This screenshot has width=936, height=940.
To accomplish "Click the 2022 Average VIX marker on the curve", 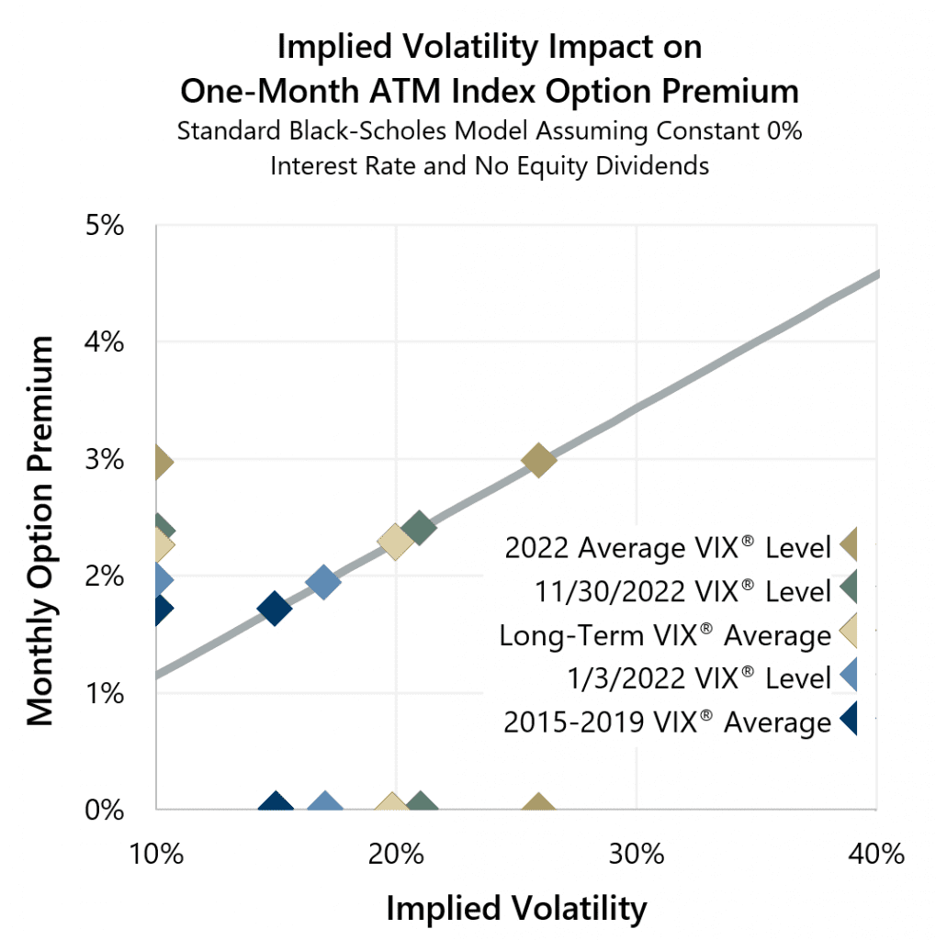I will [538, 459].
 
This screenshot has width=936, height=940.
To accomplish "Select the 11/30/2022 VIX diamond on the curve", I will [419, 528].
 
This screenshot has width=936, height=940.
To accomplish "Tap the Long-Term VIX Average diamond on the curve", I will [395, 542].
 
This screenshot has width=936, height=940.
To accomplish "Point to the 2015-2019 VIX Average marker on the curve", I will [275, 608].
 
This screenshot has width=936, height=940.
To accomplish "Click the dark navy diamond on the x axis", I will [275, 806].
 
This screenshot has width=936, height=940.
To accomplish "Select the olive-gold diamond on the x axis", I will [538, 806].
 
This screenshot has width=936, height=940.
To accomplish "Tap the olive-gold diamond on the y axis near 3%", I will [161, 461].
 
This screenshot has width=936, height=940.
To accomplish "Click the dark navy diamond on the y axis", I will [161, 609].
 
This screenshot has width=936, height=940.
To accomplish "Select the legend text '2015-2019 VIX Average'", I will [667, 722].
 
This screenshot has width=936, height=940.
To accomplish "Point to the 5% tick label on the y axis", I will [105, 226].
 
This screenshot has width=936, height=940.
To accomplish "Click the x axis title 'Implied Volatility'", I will [516, 909].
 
